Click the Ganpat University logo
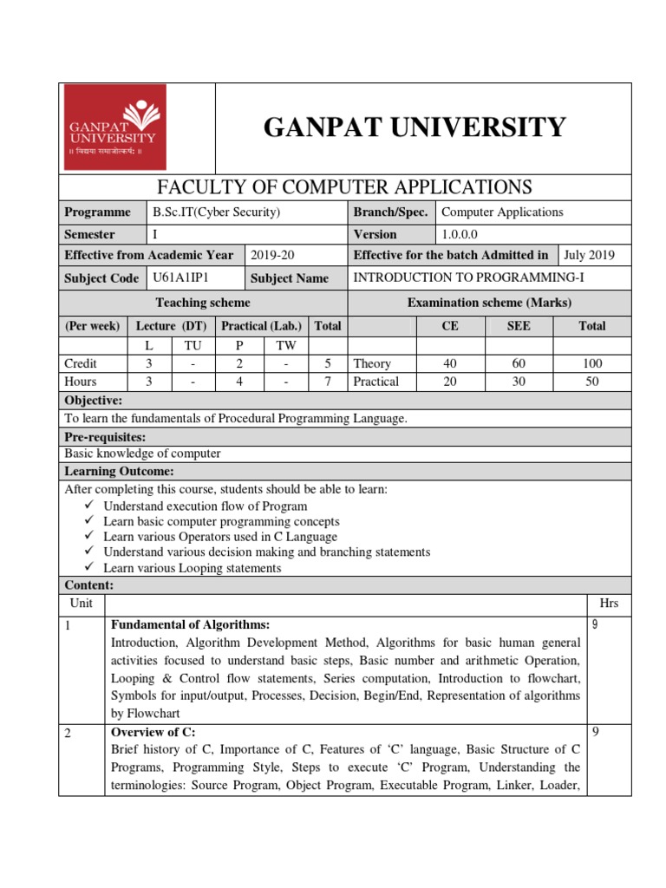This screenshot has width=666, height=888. (113, 128)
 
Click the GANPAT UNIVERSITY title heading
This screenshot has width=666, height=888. (415, 127)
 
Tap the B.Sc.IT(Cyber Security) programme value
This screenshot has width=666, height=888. (216, 212)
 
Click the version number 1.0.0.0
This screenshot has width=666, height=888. (466, 234)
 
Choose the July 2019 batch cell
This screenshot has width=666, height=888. (588, 255)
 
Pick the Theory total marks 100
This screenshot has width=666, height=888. (592, 364)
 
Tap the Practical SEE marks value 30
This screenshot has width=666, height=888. (519, 382)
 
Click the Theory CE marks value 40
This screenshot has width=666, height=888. (450, 364)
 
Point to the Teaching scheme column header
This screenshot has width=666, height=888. (202, 303)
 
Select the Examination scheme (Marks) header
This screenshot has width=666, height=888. (489, 303)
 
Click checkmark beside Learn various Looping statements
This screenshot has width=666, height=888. (90, 568)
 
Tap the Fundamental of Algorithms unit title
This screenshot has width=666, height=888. (190, 624)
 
